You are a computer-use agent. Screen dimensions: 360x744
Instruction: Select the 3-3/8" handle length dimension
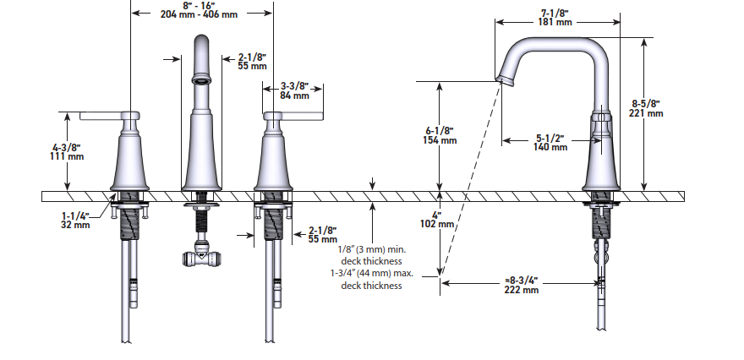pos(294,86)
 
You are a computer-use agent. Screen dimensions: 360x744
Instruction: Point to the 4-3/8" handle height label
pos(67,146)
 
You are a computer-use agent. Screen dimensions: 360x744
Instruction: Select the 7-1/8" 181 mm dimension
pos(554,16)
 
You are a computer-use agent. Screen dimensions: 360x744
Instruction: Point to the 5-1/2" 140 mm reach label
pos(550,142)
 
